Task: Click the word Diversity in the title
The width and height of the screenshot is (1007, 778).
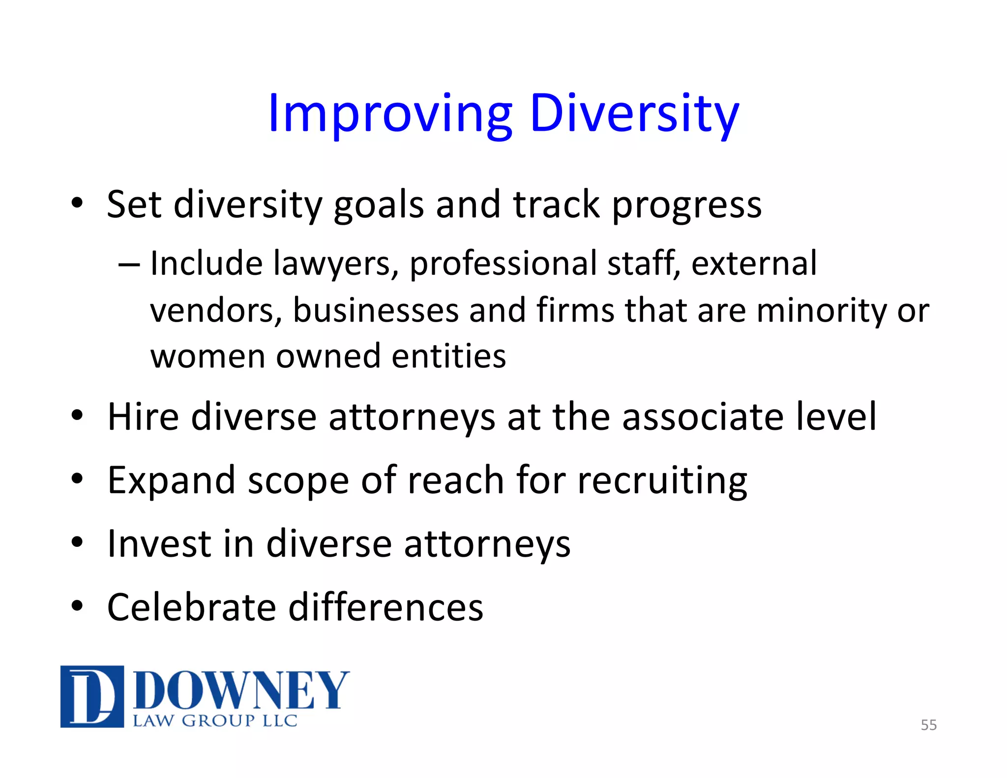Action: point(634,114)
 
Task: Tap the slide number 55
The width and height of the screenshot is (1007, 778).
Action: point(928,725)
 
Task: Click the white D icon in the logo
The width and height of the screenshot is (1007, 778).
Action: point(92,696)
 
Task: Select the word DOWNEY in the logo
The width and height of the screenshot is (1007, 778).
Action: point(241,690)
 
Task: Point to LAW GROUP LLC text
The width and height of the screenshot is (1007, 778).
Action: point(215,721)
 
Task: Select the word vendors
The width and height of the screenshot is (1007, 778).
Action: point(215,311)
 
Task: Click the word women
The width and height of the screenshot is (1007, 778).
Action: point(208,356)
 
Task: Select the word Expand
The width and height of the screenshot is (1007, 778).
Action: point(171,481)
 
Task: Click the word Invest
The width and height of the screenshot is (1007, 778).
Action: point(159,544)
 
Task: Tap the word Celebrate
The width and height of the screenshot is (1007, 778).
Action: point(192,608)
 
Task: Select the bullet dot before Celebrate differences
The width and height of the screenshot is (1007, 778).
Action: point(77,606)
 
